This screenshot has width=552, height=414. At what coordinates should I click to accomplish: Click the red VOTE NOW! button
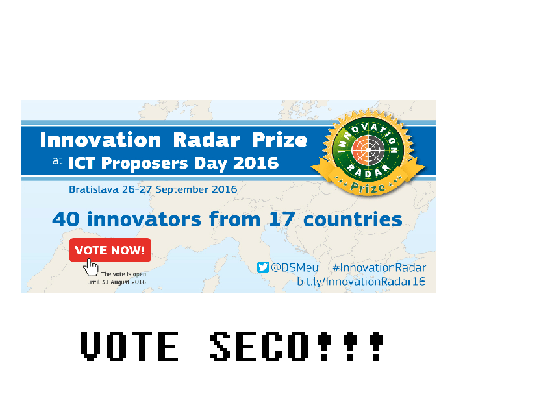pyautogui.click(x=110, y=250)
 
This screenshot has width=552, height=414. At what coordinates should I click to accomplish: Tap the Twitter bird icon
pyautogui.click(x=262, y=267)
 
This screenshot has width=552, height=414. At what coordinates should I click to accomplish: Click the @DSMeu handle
pyautogui.click(x=294, y=268)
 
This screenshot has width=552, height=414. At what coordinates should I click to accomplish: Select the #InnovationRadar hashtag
pyautogui.click(x=379, y=268)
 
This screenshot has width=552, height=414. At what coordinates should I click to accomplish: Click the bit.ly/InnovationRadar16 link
pyautogui.click(x=361, y=282)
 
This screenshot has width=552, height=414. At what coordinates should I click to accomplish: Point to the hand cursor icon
pyautogui.click(x=91, y=268)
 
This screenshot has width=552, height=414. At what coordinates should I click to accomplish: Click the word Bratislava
pyautogui.click(x=94, y=189)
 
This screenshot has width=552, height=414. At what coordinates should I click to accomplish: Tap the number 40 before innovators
pyautogui.click(x=66, y=219)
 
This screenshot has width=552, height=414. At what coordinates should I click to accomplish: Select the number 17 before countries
pyautogui.click(x=282, y=219)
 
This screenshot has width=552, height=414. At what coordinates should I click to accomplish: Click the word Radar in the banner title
pyautogui.click(x=207, y=140)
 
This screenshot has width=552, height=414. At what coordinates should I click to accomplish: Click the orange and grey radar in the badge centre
pyautogui.click(x=368, y=150)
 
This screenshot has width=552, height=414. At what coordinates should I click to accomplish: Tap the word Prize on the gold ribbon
pyautogui.click(x=368, y=187)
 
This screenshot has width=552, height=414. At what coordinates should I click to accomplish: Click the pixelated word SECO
pyautogui.click(x=259, y=346)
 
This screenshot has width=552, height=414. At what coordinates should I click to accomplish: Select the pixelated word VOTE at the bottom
pyautogui.click(x=129, y=346)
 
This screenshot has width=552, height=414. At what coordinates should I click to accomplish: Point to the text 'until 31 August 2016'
pyautogui.click(x=116, y=282)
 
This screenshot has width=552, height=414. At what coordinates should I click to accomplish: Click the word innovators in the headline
pyautogui.click(x=144, y=219)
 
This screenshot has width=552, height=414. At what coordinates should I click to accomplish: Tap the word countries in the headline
pyautogui.click(x=353, y=219)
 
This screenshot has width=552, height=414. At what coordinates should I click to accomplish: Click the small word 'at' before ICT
pyautogui.click(x=57, y=161)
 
